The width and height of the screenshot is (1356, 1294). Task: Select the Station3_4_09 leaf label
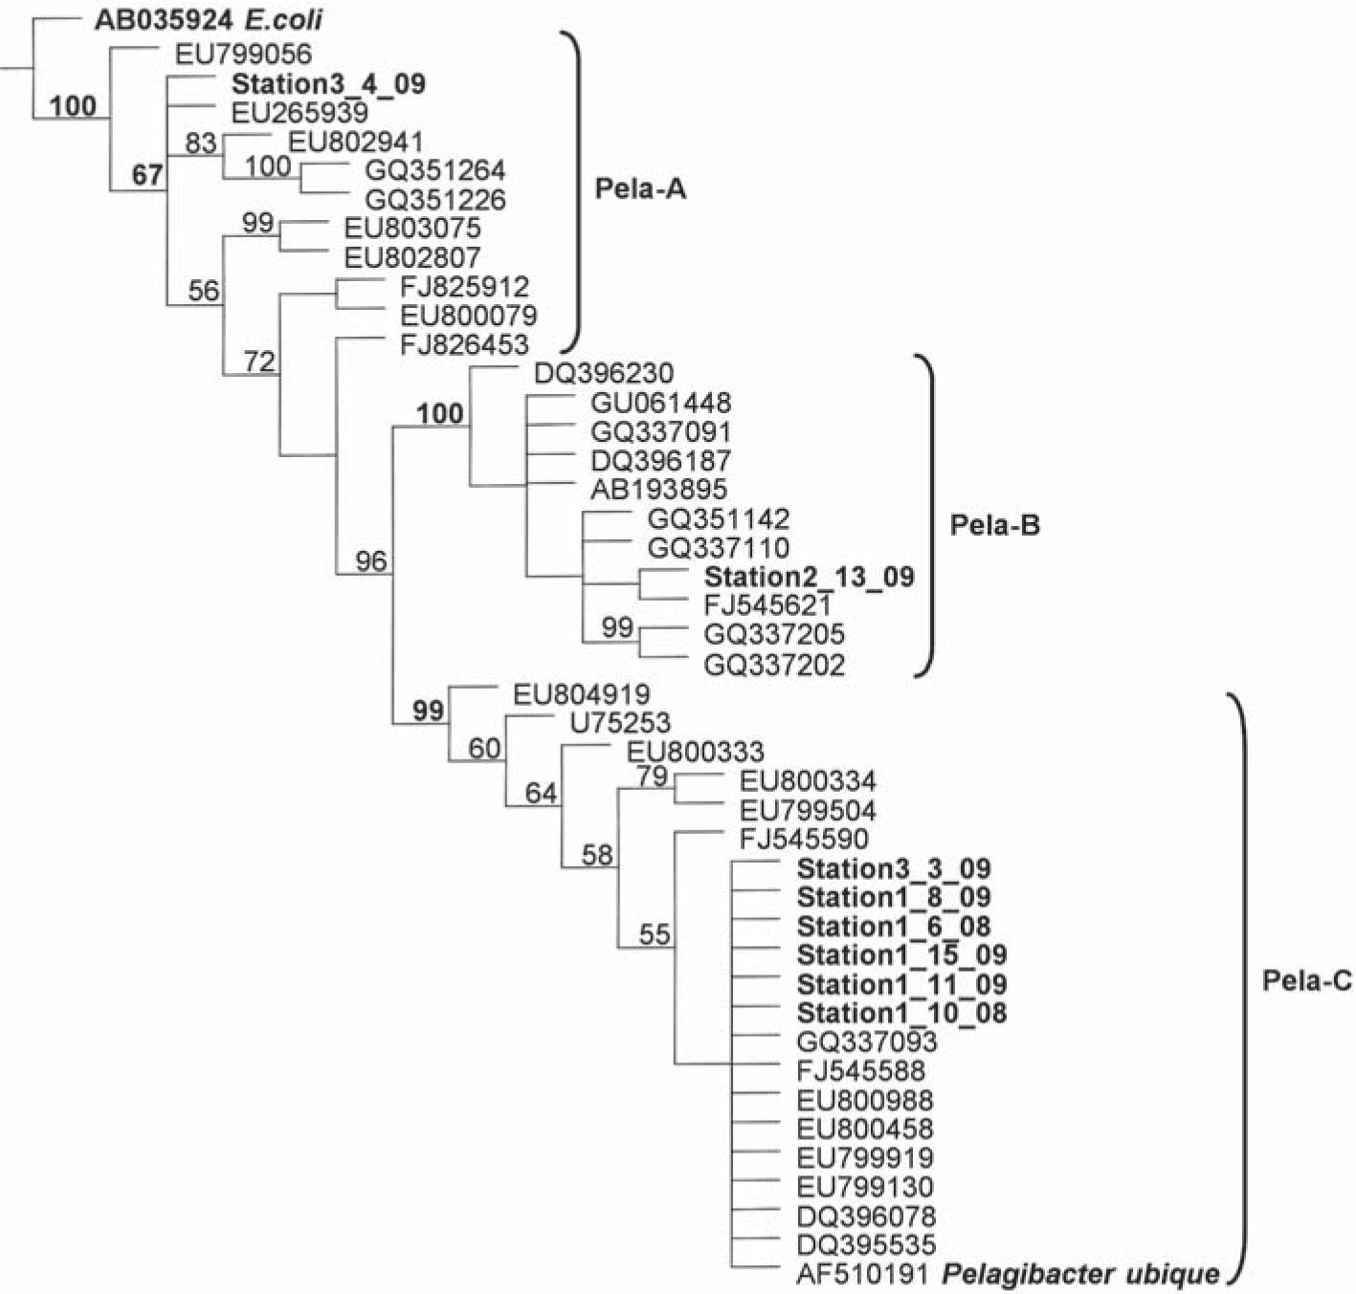tap(328, 84)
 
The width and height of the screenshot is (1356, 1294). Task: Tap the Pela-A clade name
tap(640, 188)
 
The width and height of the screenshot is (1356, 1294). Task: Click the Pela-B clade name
tap(993, 524)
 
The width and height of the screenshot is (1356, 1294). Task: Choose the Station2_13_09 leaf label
tap(809, 577)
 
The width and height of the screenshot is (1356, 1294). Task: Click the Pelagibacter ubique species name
tap(1081, 1274)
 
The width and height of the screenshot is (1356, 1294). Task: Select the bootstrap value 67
tap(147, 175)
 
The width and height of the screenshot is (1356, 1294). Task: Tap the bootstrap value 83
tap(201, 143)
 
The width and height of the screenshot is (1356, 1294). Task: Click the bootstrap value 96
tap(370, 560)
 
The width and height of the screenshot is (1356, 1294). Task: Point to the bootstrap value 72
tap(259, 362)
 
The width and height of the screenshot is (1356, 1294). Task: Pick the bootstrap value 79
tap(653, 776)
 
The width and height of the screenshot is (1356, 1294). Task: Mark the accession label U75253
tap(620, 723)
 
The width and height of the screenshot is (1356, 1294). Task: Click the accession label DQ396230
tap(603, 373)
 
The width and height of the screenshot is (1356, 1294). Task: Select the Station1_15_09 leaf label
tap(901, 955)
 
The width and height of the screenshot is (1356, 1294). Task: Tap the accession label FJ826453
tap(464, 344)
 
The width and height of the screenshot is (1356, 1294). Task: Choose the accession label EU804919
tap(581, 694)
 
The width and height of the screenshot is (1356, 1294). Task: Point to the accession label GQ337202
tap(774, 665)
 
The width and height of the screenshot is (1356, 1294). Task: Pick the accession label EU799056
tap(243, 55)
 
